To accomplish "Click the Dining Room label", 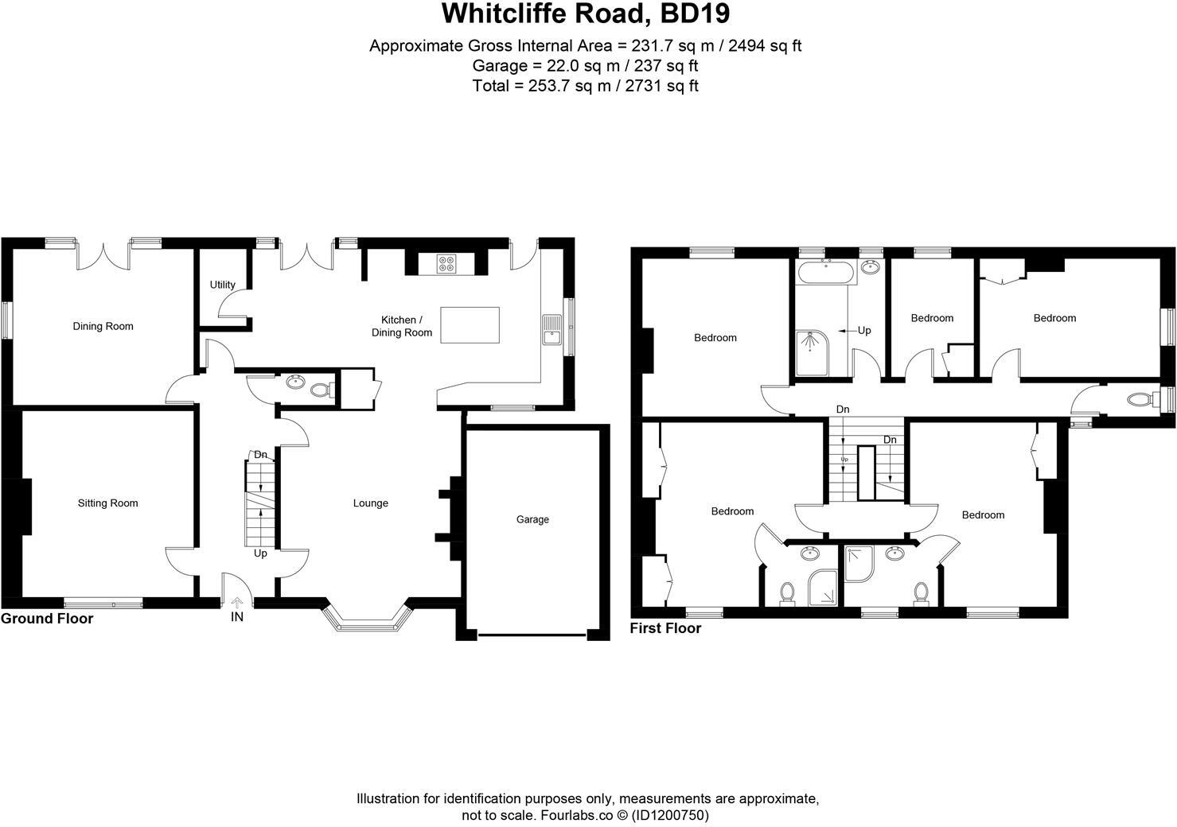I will pos(103,326).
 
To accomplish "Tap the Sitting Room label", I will pos(107,503).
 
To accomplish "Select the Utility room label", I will pos(223,285).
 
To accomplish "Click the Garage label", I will pos(532,520).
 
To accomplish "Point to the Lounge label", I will pos(371,503).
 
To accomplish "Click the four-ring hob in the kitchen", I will pos(446,263).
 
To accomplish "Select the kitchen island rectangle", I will pos(470,325).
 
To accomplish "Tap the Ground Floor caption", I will pos(47,619).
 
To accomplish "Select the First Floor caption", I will pos(665,628).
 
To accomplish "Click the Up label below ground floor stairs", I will pos(260,553).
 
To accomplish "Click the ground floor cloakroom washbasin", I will pos(295,382).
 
